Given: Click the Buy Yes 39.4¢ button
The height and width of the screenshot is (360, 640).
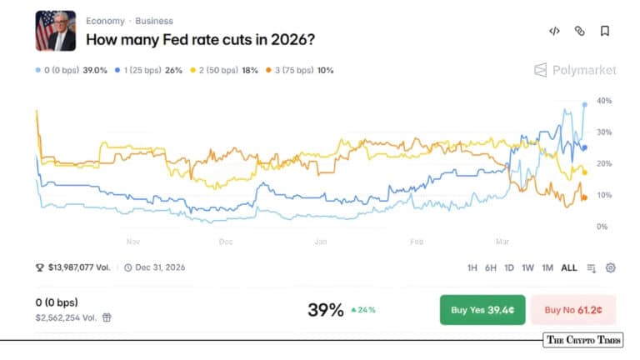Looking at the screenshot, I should coord(482,310).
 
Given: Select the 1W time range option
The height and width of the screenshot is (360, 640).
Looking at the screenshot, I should coord(527,267).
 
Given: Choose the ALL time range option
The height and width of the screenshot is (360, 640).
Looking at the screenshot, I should coord(568,267).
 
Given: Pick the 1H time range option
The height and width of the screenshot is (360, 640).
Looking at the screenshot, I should coord(472,267).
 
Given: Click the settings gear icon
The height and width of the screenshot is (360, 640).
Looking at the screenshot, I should coord(611,267).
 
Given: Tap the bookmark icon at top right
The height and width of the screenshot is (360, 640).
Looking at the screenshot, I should coord(605,31).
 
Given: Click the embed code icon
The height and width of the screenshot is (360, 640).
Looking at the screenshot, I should coord(554,31).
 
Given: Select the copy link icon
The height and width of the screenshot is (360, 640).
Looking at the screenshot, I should coord(580,31).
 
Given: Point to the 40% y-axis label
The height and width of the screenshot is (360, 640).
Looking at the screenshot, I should coord(604,101).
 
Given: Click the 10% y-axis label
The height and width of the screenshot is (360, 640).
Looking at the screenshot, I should coord(604,195).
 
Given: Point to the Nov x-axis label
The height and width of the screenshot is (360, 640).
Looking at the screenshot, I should coord(132,242).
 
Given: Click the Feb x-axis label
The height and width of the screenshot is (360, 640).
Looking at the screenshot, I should coord(417,242).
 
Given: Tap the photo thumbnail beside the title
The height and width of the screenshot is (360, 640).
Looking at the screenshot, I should coord(56,31).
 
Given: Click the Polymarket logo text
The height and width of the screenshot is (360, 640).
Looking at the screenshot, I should coord(583,70).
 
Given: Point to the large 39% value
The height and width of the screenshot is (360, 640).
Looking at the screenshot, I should coord(325,310).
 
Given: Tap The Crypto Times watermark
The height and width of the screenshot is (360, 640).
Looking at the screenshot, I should coord(582,340).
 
